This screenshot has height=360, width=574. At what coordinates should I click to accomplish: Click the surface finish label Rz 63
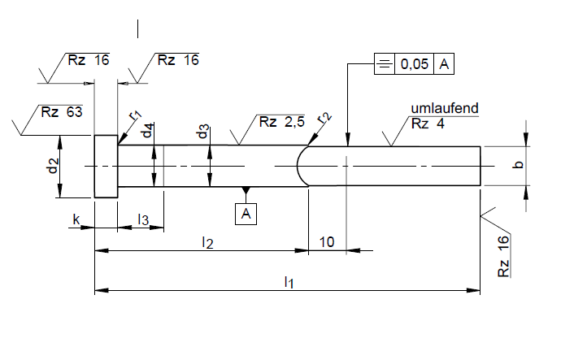(x=62, y=112)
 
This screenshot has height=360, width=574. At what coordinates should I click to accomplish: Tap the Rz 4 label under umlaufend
(x=428, y=124)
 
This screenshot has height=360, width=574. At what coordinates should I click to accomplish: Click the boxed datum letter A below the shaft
(x=246, y=214)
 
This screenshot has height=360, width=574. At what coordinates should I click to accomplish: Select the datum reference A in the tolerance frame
(x=444, y=65)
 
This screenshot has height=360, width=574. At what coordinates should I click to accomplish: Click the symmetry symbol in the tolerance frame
(x=384, y=65)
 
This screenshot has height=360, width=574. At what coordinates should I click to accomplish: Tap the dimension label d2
(x=52, y=167)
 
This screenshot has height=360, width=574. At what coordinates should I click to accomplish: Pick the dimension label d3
(x=203, y=132)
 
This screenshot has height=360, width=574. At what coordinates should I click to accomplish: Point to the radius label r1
(x=136, y=115)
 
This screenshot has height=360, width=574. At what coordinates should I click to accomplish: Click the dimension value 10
(x=327, y=241)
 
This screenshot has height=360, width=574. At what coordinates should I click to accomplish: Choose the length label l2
(x=207, y=241)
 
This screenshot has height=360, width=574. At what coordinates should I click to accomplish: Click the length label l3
(x=143, y=219)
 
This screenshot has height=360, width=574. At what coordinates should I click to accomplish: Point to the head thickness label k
(x=76, y=219)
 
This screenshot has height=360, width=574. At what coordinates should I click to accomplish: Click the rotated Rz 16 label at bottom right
(x=504, y=256)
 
